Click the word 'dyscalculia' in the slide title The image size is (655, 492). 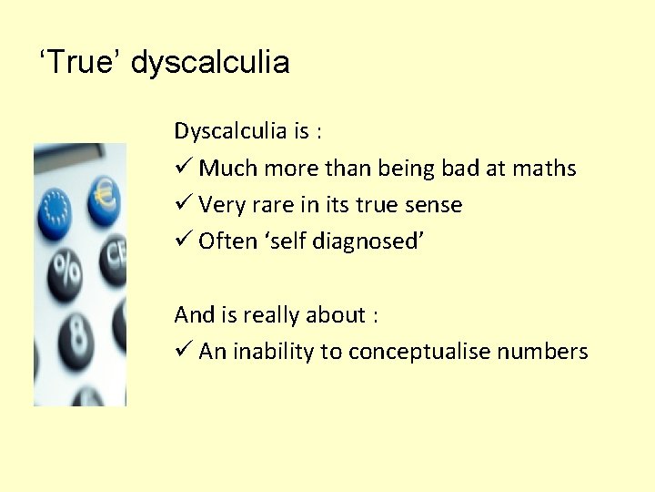point(210,63)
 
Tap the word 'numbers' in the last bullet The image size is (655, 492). point(543,352)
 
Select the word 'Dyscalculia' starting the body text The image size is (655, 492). point(230,132)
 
